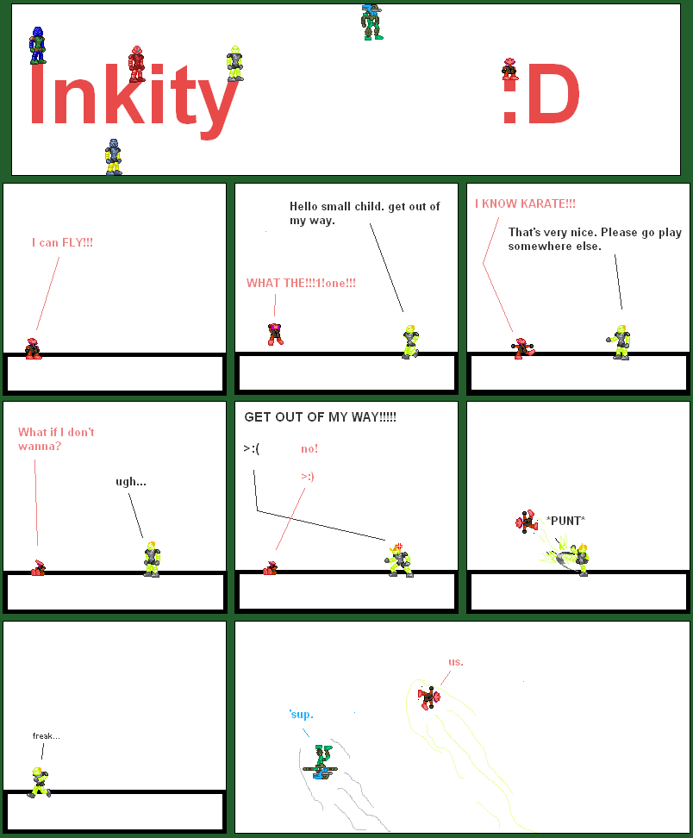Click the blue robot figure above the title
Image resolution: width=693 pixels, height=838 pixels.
37,45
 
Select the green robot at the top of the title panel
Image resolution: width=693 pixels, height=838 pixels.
371,22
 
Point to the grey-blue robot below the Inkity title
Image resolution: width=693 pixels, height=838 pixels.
113,157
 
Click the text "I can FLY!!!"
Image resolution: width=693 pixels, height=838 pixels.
62,243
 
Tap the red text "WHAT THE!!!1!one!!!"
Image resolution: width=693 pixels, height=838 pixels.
301,283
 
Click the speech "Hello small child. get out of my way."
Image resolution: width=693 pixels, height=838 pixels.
364,213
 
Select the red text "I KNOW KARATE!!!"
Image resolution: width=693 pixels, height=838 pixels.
525,203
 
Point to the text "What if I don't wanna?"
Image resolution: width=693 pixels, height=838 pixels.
56,439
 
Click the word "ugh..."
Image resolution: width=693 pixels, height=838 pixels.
131,481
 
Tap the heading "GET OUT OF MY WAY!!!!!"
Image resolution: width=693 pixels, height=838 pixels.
320,417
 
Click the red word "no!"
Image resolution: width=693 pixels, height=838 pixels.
309,448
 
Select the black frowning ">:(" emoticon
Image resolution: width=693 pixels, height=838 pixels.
252,448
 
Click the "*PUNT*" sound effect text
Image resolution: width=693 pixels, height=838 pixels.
565,520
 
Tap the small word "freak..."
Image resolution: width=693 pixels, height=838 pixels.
46,735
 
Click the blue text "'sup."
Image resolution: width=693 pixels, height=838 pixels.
301,714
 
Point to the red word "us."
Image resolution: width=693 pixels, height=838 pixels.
455,661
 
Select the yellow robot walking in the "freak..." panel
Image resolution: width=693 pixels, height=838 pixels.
39,781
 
